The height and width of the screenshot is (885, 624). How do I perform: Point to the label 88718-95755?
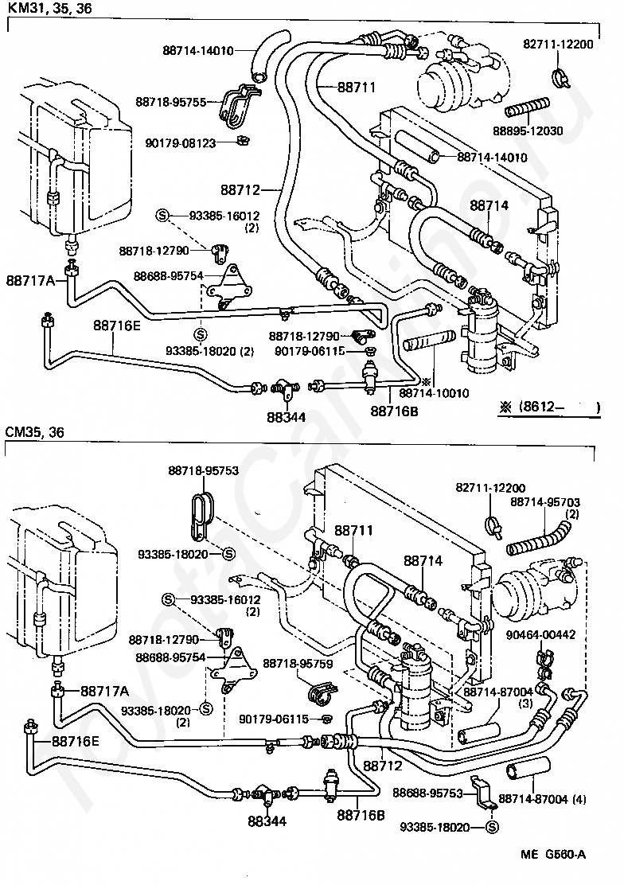coord(170,101)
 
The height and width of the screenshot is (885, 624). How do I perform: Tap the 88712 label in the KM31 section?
coord(242,189)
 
